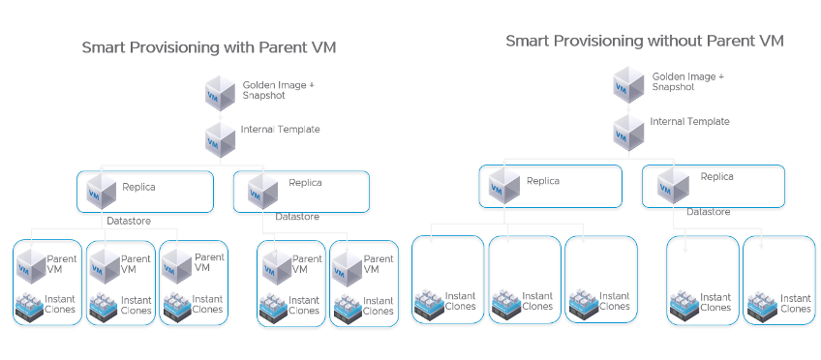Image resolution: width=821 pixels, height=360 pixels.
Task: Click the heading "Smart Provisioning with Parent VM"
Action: [x=215, y=46]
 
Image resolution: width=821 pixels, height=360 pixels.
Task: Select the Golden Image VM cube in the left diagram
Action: [x=221, y=93]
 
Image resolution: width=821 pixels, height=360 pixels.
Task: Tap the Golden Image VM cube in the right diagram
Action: [x=628, y=85]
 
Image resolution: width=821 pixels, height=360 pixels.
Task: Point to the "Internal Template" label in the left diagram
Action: [x=280, y=129]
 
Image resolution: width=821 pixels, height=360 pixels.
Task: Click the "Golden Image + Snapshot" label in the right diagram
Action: [x=687, y=80]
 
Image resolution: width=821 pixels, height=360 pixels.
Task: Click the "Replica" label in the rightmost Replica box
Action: [x=716, y=177]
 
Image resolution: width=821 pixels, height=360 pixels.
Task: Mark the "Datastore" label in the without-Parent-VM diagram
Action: [x=709, y=211]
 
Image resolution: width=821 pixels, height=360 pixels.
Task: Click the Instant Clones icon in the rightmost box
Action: [x=760, y=303]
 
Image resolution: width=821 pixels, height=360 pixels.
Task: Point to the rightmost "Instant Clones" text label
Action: [x=796, y=303]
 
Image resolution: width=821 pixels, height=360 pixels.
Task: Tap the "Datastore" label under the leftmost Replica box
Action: [x=128, y=221]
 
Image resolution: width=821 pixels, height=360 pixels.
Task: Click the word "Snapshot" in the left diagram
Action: [x=264, y=96]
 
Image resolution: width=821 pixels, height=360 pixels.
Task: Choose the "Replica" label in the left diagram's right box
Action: [x=306, y=182]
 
